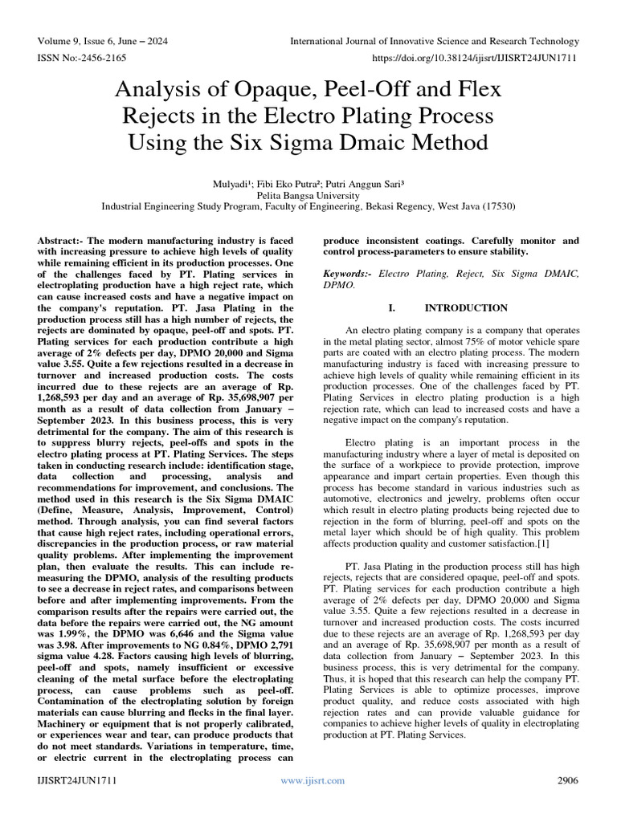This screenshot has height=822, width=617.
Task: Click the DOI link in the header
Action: [x=469, y=57]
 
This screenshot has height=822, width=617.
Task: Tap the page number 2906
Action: [x=567, y=780]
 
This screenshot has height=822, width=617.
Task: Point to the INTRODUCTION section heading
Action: [x=466, y=307]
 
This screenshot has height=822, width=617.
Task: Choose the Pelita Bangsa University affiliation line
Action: [x=308, y=194]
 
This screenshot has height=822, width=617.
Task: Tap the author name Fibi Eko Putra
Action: [x=286, y=182]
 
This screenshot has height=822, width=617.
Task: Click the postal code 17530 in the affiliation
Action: [x=499, y=206]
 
